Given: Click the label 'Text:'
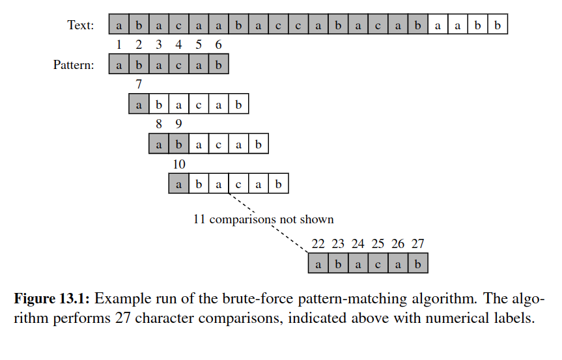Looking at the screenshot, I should [x=80, y=26].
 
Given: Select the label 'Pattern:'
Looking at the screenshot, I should [x=74, y=65].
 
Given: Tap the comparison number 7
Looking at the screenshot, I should [x=138, y=85].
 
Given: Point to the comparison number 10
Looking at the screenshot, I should [x=178, y=164].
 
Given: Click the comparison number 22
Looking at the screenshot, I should [x=318, y=244].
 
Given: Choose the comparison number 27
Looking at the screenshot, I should [x=418, y=244].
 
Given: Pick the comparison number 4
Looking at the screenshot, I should [x=178, y=45].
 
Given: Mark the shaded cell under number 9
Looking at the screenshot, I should [x=178, y=145].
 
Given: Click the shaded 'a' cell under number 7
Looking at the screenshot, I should [x=138, y=105].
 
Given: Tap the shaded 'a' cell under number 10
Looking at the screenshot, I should [x=178, y=184].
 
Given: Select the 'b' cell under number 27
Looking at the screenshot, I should [x=418, y=264].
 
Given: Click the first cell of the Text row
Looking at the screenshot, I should [x=119, y=26].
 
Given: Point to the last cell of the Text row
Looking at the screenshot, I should [x=498, y=26].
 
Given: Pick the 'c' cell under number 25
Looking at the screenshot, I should [x=378, y=264].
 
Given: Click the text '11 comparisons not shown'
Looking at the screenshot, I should [x=263, y=219].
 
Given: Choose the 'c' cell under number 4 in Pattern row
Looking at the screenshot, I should [x=178, y=65].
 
